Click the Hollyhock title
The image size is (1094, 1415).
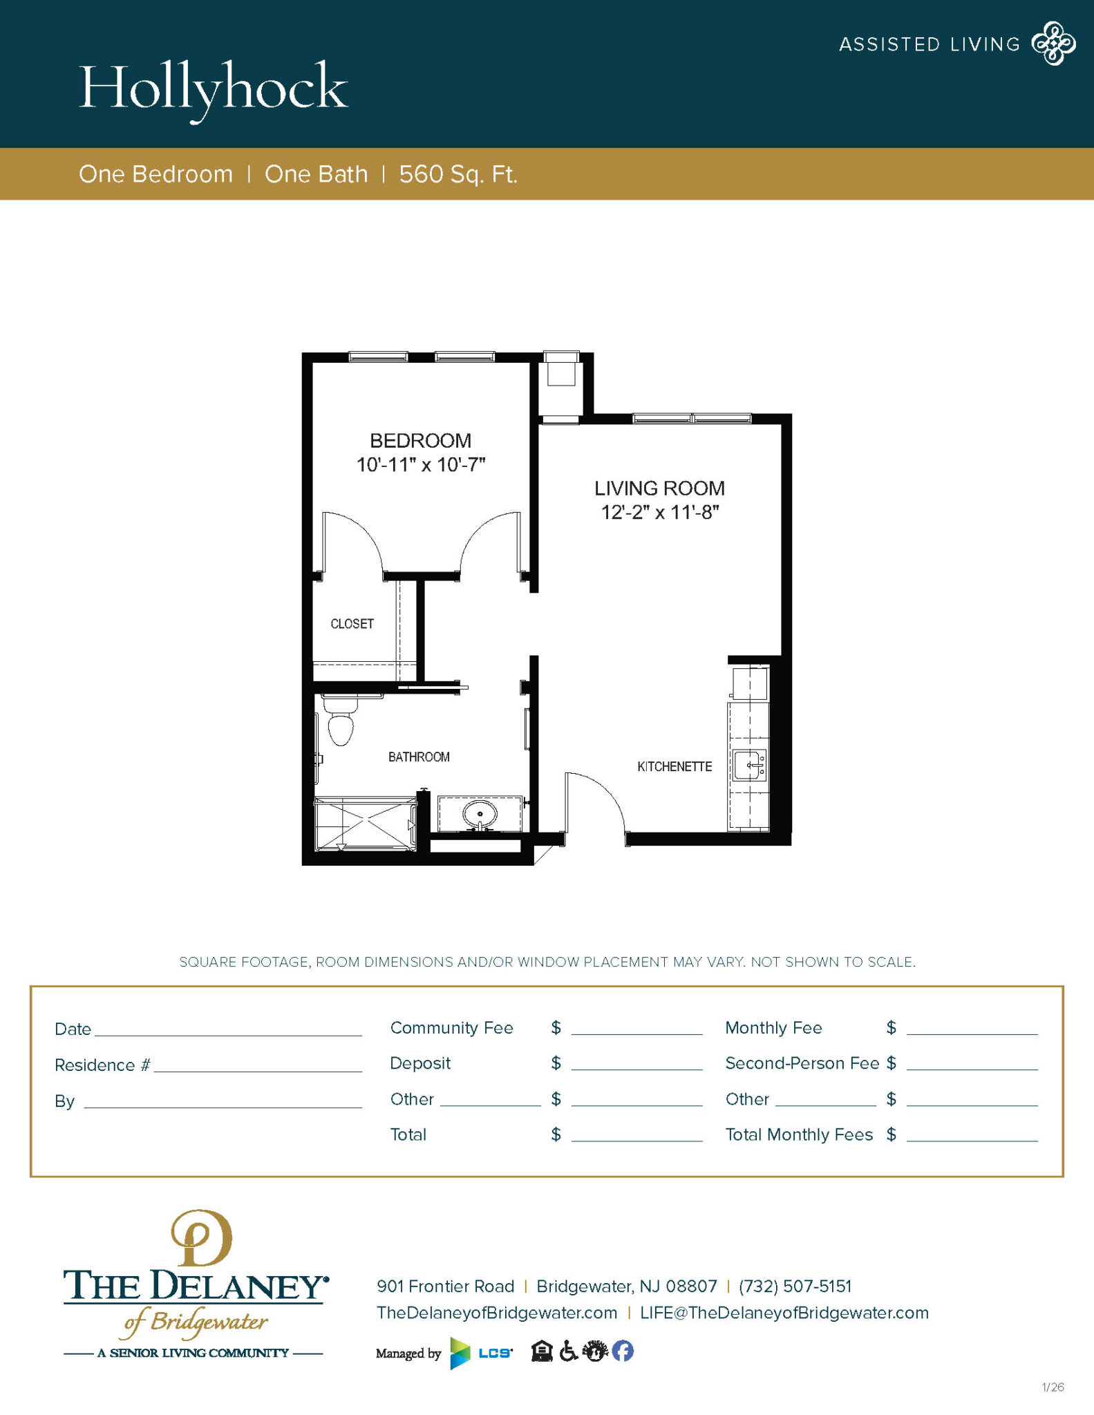[x=214, y=88]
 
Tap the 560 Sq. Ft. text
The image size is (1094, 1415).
[x=458, y=174]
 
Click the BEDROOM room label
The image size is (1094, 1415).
[x=420, y=441]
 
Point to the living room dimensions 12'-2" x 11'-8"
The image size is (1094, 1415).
[x=660, y=513]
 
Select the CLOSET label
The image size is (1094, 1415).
[x=352, y=624]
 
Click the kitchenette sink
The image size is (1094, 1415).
[x=750, y=766]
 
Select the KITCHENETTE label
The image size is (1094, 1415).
[x=675, y=767]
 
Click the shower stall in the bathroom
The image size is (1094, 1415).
[x=366, y=824]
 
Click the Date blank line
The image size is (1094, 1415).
[x=228, y=1029]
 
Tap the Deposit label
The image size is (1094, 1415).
[x=420, y=1063]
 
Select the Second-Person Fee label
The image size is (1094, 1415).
[x=802, y=1063]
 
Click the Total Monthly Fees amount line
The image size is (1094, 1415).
[x=972, y=1134]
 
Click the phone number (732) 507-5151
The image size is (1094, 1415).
[x=795, y=1286]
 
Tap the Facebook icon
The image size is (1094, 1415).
[x=623, y=1351]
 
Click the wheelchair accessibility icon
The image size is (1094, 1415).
[x=568, y=1351]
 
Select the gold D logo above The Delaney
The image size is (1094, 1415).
[x=201, y=1238]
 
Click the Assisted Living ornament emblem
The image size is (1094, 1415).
[x=1053, y=44]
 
